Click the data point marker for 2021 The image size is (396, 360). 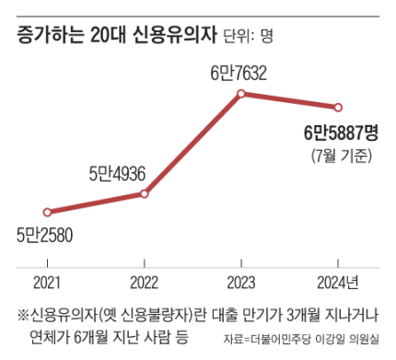47,212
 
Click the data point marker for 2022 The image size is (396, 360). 144,193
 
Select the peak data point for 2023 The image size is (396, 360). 240,93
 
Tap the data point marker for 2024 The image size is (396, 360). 338,107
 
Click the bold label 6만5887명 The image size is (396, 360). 341,134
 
